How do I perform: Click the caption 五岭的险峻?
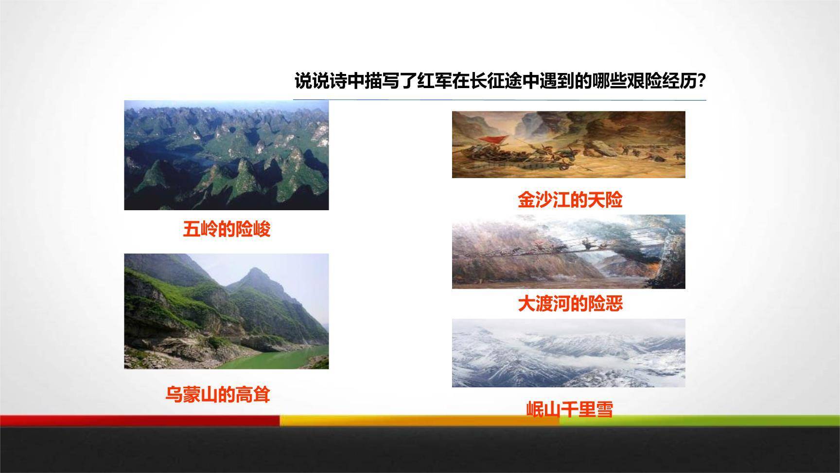pyautogui.click(x=227, y=229)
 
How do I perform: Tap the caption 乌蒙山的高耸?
pyautogui.click(x=217, y=394)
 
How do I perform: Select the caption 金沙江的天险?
pyautogui.click(x=570, y=200)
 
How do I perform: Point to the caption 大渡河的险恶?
pyautogui.click(x=570, y=304)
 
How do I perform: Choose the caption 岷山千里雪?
pyautogui.click(x=570, y=409)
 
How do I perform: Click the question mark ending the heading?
pyautogui.click(x=701, y=81)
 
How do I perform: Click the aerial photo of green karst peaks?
pyautogui.click(x=227, y=155)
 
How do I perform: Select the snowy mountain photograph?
pyautogui.click(x=568, y=353)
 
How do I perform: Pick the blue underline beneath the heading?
pyautogui.click(x=499, y=100)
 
